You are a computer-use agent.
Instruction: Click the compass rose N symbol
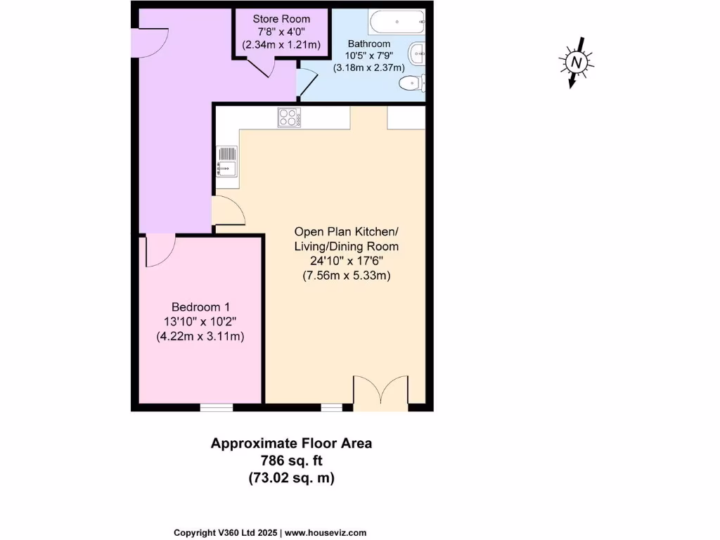[577, 63]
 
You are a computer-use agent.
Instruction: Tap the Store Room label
[281, 18]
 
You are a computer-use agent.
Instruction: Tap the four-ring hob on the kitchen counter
[289, 117]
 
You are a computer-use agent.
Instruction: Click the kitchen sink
[227, 162]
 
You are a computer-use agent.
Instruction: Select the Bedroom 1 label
[200, 307]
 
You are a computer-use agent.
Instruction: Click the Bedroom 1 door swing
[159, 251]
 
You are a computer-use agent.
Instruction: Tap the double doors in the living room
[380, 393]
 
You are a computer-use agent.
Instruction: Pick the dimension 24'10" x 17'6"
[346, 262]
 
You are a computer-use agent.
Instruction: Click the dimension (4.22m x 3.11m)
[200, 337]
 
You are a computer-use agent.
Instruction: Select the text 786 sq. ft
[291, 461]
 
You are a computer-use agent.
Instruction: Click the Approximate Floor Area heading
[291, 444]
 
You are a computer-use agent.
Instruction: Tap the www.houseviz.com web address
[326, 533]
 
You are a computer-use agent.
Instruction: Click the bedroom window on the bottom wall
[216, 407]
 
